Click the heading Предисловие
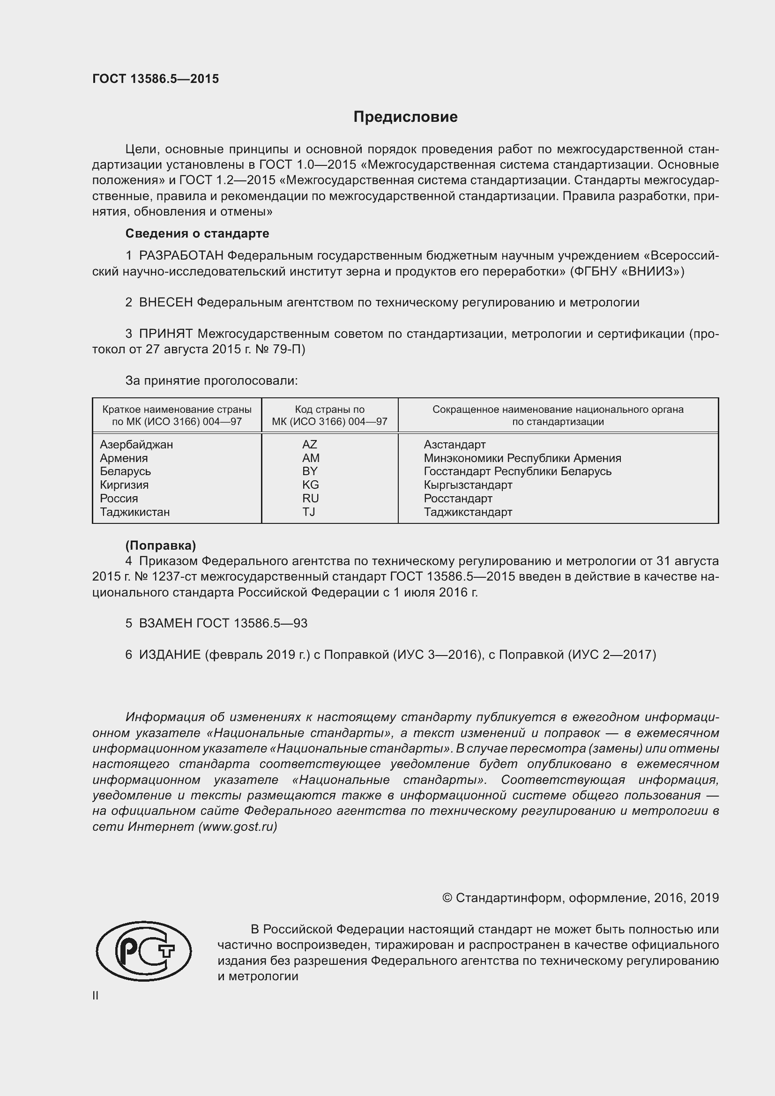(405, 117)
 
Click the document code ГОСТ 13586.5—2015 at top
(156, 79)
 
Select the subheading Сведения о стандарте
(197, 233)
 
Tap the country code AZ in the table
(309, 444)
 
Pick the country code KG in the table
(310, 485)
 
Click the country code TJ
(309, 512)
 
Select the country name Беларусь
(126, 471)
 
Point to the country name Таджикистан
(134, 512)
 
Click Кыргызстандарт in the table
(468, 485)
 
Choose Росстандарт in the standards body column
(458, 499)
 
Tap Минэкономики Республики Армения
(522, 458)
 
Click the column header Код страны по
(329, 410)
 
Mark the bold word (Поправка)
(160, 545)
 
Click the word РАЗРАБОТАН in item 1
(181, 256)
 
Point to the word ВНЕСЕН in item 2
(166, 302)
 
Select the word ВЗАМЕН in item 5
(165, 623)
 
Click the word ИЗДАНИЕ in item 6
(170, 655)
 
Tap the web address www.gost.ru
(237, 827)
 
